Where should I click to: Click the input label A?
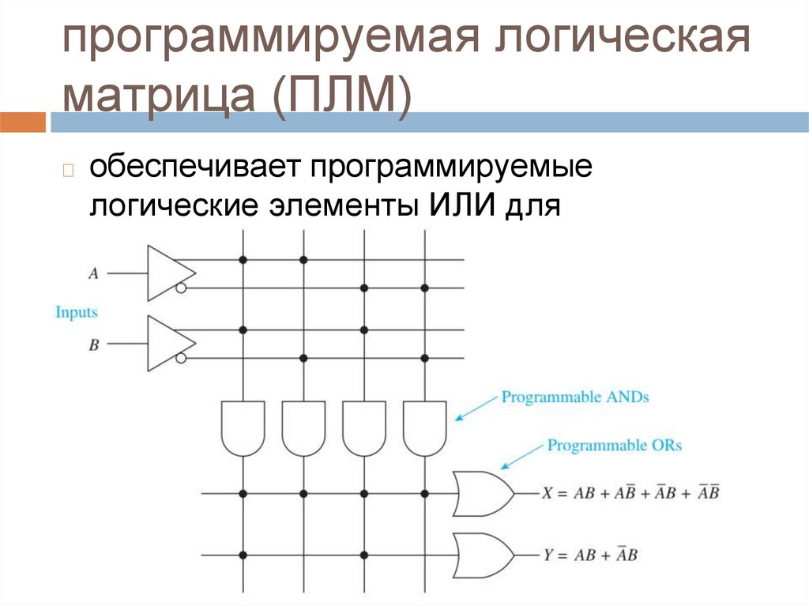pos(93,273)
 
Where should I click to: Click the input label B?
pos(93,344)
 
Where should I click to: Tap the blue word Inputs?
pos(77,312)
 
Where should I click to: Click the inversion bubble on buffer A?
pos(182,288)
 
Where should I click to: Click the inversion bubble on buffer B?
pos(182,359)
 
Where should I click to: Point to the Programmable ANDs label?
pos(574,397)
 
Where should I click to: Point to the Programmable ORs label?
pos(614,446)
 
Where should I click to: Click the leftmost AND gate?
pos(243,427)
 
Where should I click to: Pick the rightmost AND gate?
pos(424,427)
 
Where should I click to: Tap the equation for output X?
pos(630,493)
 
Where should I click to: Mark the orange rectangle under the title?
pos(23,122)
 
